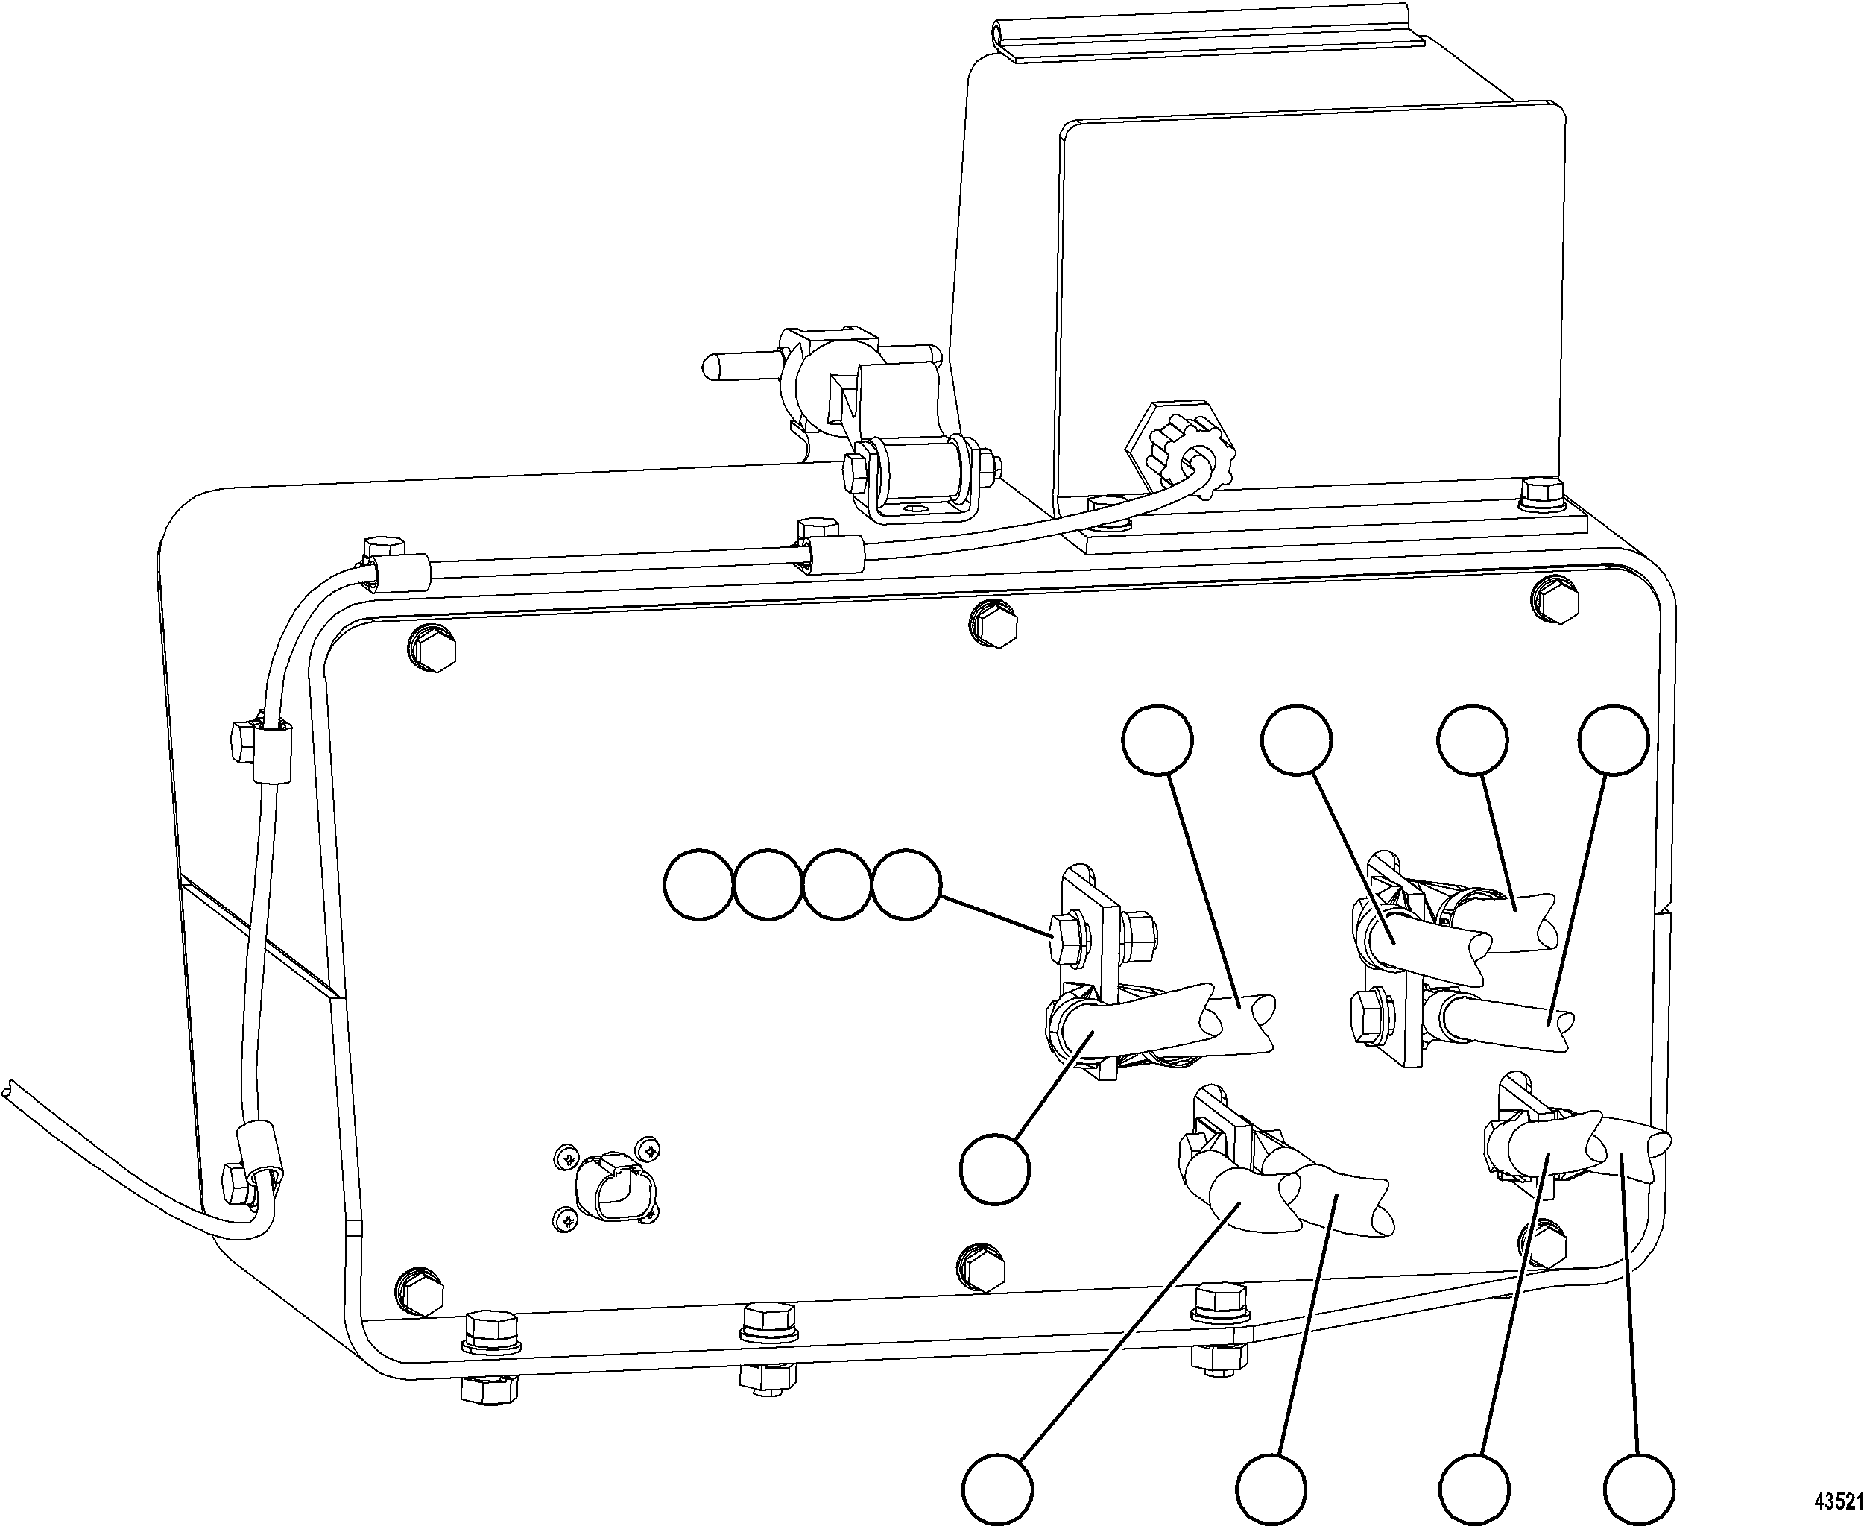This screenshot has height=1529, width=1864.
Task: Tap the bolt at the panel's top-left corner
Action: coord(432,651)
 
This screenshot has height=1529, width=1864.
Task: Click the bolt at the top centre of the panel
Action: coord(992,625)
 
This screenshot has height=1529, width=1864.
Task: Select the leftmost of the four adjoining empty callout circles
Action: coord(698,885)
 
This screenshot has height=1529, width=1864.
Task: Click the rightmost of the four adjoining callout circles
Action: coord(907,885)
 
